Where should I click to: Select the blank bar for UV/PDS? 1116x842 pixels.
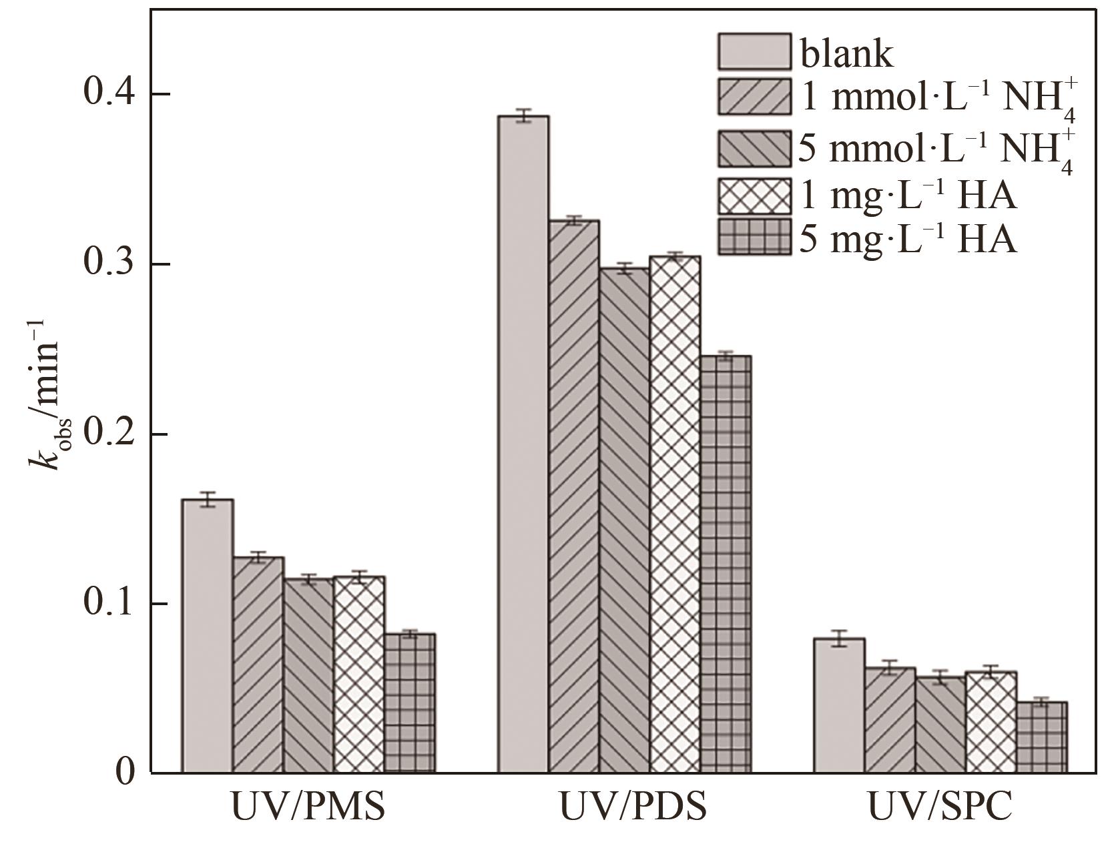tap(524, 444)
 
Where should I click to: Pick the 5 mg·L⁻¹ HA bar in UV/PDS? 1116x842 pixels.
tap(726, 564)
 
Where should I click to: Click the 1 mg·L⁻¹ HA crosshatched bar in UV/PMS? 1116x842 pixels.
tap(359, 675)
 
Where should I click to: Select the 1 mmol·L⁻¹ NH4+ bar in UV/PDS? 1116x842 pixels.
tap(574, 496)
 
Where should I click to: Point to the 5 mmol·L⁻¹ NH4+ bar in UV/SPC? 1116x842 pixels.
tap(940, 725)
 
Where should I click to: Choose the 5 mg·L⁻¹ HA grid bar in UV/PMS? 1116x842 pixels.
tap(410, 703)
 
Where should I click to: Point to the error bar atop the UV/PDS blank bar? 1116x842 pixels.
tap(524, 115)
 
